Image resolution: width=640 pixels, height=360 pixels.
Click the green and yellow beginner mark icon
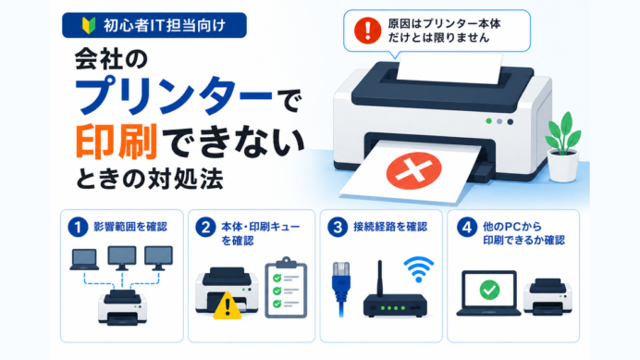click(x=89, y=25)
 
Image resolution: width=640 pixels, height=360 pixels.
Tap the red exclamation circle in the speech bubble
click(x=367, y=31)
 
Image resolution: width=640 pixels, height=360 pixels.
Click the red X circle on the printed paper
click(x=413, y=170)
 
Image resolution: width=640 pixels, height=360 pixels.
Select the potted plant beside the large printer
click(x=563, y=146)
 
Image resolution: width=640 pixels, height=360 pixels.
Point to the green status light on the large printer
click(x=488, y=121)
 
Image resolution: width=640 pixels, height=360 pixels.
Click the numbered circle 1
click(x=78, y=227)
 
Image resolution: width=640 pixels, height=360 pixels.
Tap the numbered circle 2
click(x=205, y=227)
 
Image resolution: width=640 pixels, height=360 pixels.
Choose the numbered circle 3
click(x=338, y=227)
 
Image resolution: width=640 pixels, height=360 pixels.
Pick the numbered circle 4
click(x=467, y=227)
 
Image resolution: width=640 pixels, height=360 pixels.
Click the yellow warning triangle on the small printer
click(x=228, y=305)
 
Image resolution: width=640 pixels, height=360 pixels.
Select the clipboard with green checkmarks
click(x=286, y=288)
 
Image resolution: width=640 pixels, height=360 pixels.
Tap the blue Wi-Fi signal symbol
click(x=418, y=269)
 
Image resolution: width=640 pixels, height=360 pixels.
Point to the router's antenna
click(x=379, y=278)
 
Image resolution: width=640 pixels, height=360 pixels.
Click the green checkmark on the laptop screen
click(x=489, y=290)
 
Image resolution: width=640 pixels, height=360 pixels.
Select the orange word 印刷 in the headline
click(x=117, y=142)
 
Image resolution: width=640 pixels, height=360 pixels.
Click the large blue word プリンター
click(x=173, y=95)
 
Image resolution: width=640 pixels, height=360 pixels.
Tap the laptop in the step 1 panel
click(x=84, y=260)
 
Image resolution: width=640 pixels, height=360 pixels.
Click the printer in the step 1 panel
click(x=122, y=307)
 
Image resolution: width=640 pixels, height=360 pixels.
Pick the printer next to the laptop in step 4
click(x=548, y=297)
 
